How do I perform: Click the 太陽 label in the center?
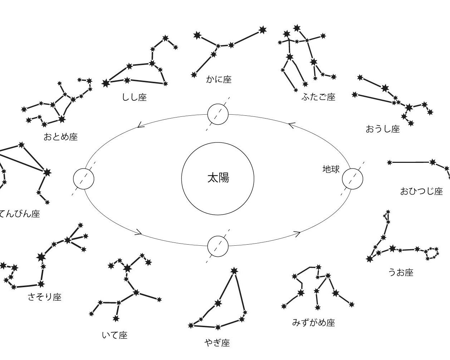click(218, 178)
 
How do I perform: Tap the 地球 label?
click(331, 169)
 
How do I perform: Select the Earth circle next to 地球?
click(352, 179)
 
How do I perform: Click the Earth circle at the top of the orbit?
click(218, 114)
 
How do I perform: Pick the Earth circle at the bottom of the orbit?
click(218, 246)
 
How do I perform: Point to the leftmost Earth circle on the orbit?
click(84, 179)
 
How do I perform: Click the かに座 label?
click(219, 80)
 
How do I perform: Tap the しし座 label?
click(134, 97)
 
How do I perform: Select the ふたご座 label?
click(319, 97)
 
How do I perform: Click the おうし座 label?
click(382, 129)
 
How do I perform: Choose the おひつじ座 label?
click(421, 191)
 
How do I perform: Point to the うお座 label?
click(401, 272)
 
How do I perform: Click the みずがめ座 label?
click(314, 322)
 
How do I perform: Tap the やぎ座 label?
click(217, 343)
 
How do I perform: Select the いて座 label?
click(115, 335)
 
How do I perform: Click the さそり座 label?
click(45, 297)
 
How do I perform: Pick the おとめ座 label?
click(61, 137)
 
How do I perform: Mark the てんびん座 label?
click(19, 214)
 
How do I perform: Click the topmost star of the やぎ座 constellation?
click(234, 271)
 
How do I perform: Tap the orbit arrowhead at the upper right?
click(292, 125)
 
